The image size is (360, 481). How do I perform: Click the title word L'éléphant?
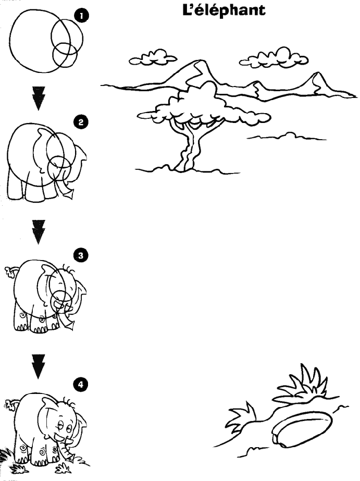(224, 10)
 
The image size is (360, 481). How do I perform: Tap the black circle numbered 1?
(81, 16)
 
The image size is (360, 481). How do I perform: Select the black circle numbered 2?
(81, 122)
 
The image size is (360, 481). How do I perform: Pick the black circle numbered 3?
(81, 255)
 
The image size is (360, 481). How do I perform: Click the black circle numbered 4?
(81, 385)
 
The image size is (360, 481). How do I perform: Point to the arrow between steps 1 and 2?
(39, 98)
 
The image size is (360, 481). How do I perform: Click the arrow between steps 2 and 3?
(39, 232)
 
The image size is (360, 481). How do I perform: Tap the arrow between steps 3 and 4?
(39, 367)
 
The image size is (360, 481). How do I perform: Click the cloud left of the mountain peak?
(153, 58)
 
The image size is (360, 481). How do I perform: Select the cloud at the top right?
(274, 58)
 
